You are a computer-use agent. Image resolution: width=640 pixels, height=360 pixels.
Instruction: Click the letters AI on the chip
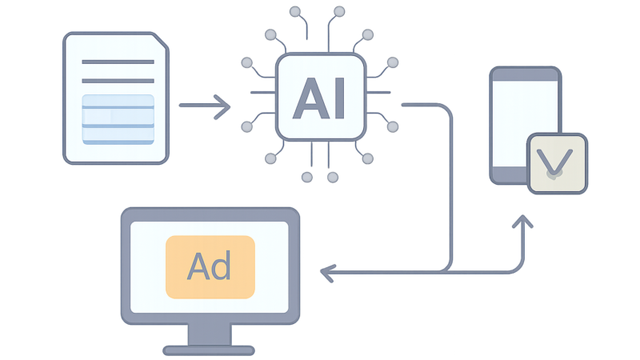point(319,98)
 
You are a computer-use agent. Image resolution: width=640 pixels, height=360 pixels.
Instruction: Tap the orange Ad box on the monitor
point(210,267)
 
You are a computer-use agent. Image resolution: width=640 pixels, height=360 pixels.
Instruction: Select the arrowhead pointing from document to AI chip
point(222,107)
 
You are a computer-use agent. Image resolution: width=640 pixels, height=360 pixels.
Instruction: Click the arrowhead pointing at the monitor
point(327,273)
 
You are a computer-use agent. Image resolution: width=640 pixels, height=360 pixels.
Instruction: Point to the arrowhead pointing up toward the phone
point(523,222)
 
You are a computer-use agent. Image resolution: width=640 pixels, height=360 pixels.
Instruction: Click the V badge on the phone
point(557,163)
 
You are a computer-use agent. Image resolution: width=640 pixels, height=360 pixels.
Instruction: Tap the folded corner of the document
point(160,42)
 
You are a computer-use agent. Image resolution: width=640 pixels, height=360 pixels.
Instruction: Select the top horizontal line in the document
point(118,62)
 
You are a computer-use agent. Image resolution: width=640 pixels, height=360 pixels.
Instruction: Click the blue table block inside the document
point(118,119)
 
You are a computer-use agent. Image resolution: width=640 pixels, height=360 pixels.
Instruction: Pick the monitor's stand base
point(209,350)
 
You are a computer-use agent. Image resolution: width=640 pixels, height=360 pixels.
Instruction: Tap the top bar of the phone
point(526,74)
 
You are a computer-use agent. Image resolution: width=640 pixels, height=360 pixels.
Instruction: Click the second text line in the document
point(118,81)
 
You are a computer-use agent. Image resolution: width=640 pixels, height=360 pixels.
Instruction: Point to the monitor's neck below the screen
point(210,334)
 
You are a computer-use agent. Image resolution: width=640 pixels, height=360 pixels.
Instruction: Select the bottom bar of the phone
point(510,174)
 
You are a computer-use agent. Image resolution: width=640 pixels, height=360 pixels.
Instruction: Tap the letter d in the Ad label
point(222,266)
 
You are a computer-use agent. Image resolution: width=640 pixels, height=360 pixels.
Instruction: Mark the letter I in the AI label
point(339,98)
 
